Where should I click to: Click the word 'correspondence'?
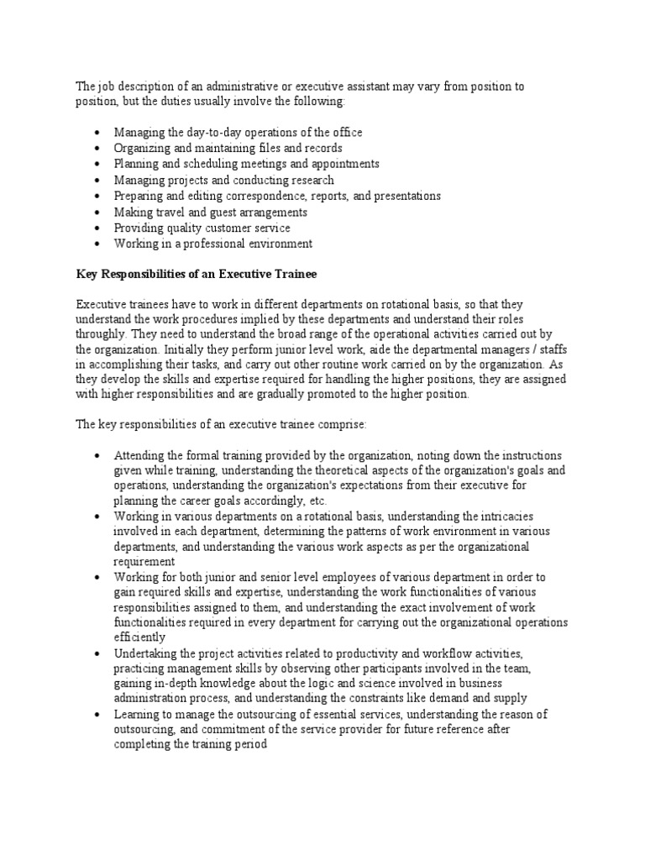(278, 197)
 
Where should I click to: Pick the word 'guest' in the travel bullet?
(225, 212)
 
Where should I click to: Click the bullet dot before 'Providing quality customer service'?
(98, 228)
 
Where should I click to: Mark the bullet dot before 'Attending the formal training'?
(98, 455)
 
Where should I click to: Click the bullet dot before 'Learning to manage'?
(98, 715)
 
